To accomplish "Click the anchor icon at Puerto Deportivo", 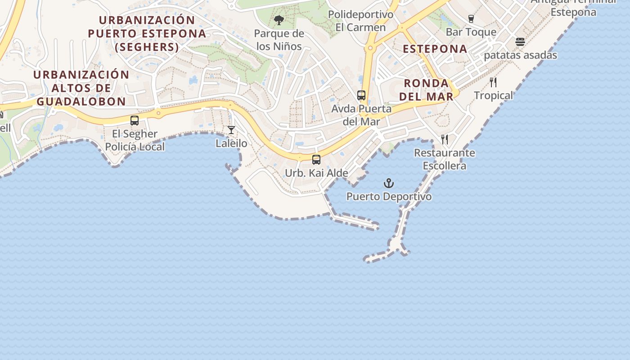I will (x=388, y=183).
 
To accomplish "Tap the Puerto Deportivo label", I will (x=389, y=197).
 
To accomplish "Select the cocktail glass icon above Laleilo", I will (x=231, y=130).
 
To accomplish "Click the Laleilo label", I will (x=231, y=144).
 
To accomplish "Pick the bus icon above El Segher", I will (x=135, y=121).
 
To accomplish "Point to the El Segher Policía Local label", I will (x=135, y=140).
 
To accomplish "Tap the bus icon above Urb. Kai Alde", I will (x=316, y=159).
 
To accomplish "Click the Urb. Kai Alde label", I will (x=316, y=173).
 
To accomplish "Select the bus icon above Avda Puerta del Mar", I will (x=361, y=95).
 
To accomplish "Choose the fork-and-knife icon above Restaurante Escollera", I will (x=445, y=139).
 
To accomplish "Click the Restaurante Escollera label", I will (x=445, y=159).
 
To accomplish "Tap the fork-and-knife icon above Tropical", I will (x=493, y=82).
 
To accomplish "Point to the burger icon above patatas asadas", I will (x=520, y=42).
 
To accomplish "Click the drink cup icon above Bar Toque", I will (x=471, y=19).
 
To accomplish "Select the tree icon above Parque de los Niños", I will (x=279, y=20).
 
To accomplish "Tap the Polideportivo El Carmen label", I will (x=360, y=21).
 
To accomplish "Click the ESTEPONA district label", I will (x=435, y=49).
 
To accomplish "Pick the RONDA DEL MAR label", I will (x=426, y=90).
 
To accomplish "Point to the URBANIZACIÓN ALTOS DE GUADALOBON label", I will (x=81, y=88).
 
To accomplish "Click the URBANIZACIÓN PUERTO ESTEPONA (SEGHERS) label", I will (x=147, y=33).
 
